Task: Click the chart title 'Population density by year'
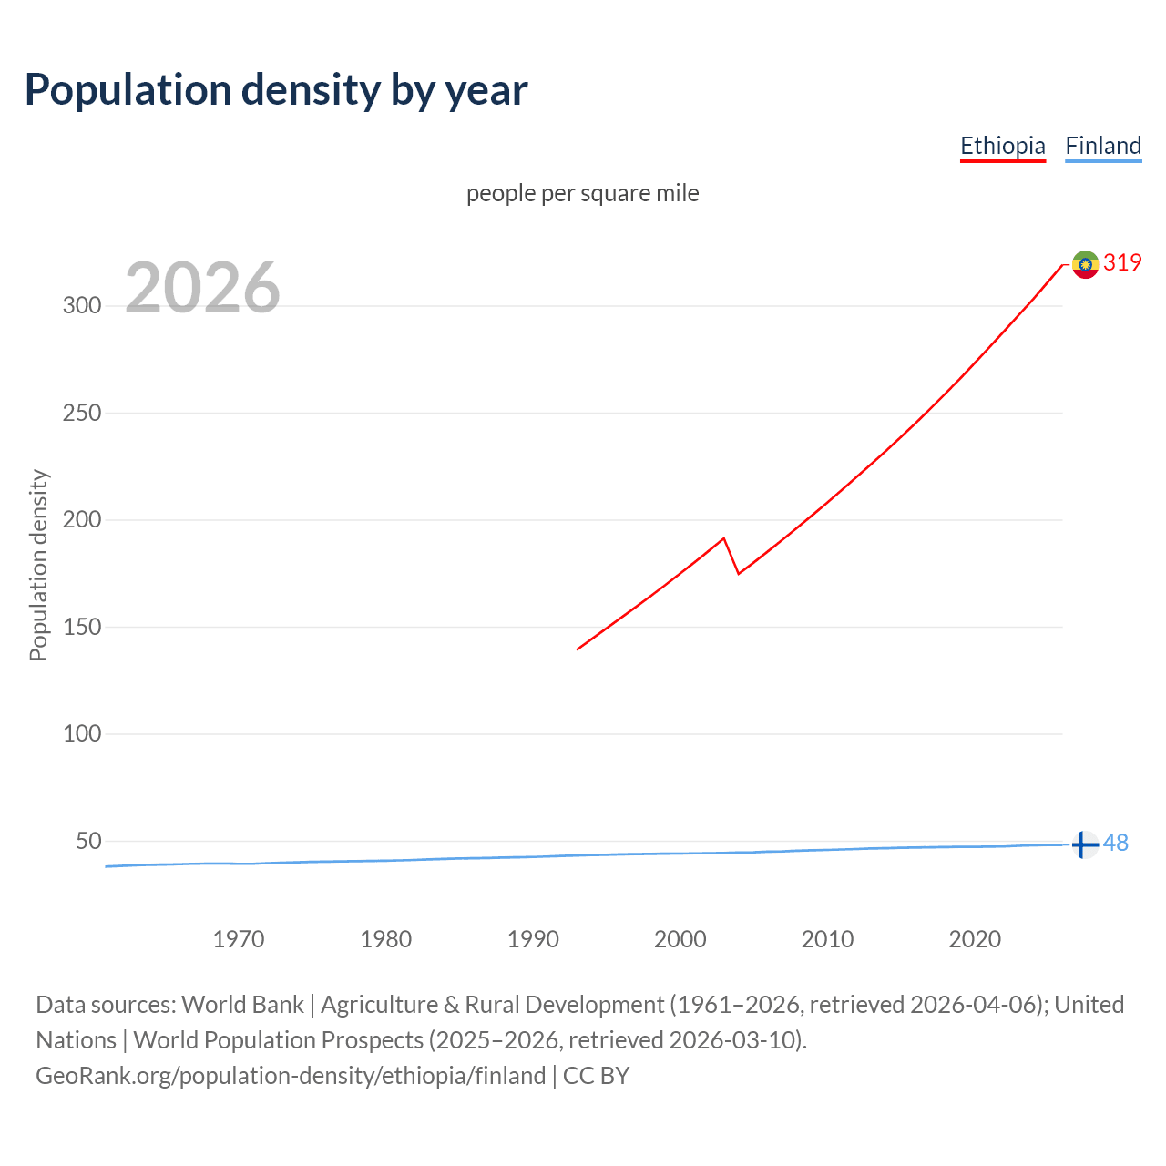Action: click(x=276, y=90)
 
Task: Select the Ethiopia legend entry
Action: click(x=1002, y=146)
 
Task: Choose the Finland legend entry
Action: click(x=1103, y=146)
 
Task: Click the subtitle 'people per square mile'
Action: click(x=583, y=194)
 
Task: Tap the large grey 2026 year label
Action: click(x=202, y=288)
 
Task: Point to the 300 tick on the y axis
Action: click(x=82, y=306)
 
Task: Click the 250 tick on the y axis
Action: click(x=82, y=413)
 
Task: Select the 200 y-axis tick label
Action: click(x=82, y=520)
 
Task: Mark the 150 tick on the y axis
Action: click(x=82, y=627)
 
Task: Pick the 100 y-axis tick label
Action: click(x=82, y=733)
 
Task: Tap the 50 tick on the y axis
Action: click(x=88, y=841)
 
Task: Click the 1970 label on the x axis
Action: click(x=239, y=939)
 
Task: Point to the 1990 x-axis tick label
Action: click(x=533, y=939)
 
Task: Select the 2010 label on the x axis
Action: click(x=827, y=939)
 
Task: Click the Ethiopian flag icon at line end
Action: click(x=1085, y=264)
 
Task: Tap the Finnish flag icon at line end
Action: click(x=1084, y=845)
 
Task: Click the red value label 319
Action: click(x=1122, y=263)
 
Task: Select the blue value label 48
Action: click(x=1116, y=844)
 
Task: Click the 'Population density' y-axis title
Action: click(x=38, y=565)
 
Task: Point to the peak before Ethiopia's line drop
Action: click(x=723, y=538)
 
